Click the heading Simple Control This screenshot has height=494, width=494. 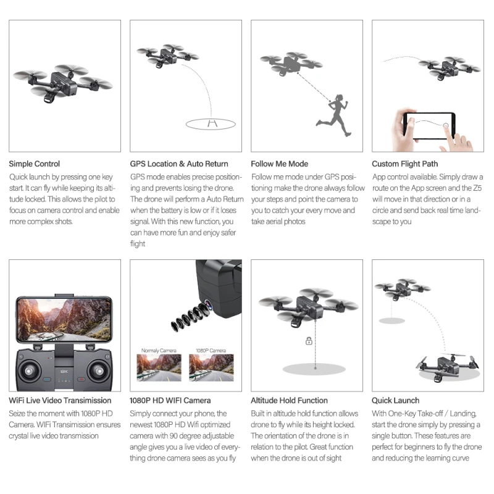35,164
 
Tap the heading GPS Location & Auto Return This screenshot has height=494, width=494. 179,164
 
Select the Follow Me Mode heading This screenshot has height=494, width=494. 280,164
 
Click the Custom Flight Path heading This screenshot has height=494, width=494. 405,164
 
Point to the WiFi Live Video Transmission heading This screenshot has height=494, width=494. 60,400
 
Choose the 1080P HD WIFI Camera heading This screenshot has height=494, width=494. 170,400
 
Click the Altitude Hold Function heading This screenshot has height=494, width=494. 289,400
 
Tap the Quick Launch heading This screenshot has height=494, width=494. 395,400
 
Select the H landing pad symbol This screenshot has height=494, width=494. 212,123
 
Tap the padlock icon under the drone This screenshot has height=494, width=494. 309,341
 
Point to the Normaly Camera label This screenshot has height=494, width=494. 159,350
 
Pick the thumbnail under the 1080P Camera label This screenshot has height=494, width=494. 211,367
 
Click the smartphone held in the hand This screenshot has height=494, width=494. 429,125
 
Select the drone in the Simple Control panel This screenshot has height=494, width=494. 62,83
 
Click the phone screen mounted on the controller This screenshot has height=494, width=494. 64,319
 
